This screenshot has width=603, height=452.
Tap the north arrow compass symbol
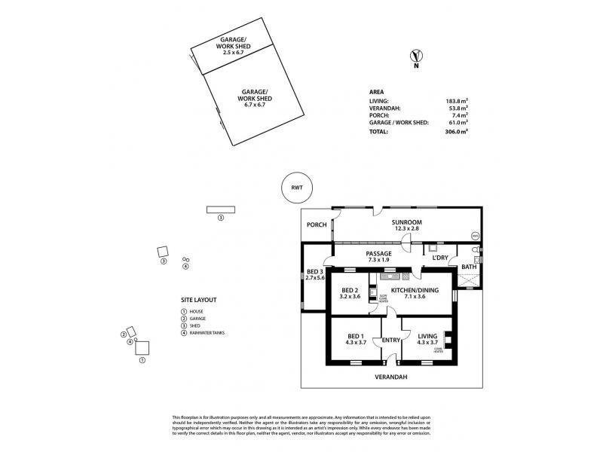pyautogui.click(x=414, y=56)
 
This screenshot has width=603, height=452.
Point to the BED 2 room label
pyautogui.click(x=350, y=291)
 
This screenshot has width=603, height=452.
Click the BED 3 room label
pyautogui.click(x=314, y=272)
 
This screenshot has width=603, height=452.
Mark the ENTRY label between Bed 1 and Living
pyautogui.click(x=391, y=340)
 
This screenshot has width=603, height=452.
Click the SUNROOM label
pyautogui.click(x=406, y=222)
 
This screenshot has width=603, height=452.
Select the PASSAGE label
pyautogui.click(x=378, y=254)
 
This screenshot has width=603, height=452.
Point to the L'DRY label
pyautogui.click(x=440, y=258)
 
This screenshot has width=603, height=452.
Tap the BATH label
pyautogui.click(x=469, y=267)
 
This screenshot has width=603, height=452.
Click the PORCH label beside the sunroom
pyautogui.click(x=316, y=224)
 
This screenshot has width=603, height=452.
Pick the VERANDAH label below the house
pyautogui.click(x=391, y=376)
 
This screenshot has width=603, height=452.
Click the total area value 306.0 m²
pyautogui.click(x=455, y=131)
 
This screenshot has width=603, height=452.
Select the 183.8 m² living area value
pyautogui.click(x=455, y=100)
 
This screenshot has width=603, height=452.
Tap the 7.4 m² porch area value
pyautogui.click(x=458, y=115)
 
